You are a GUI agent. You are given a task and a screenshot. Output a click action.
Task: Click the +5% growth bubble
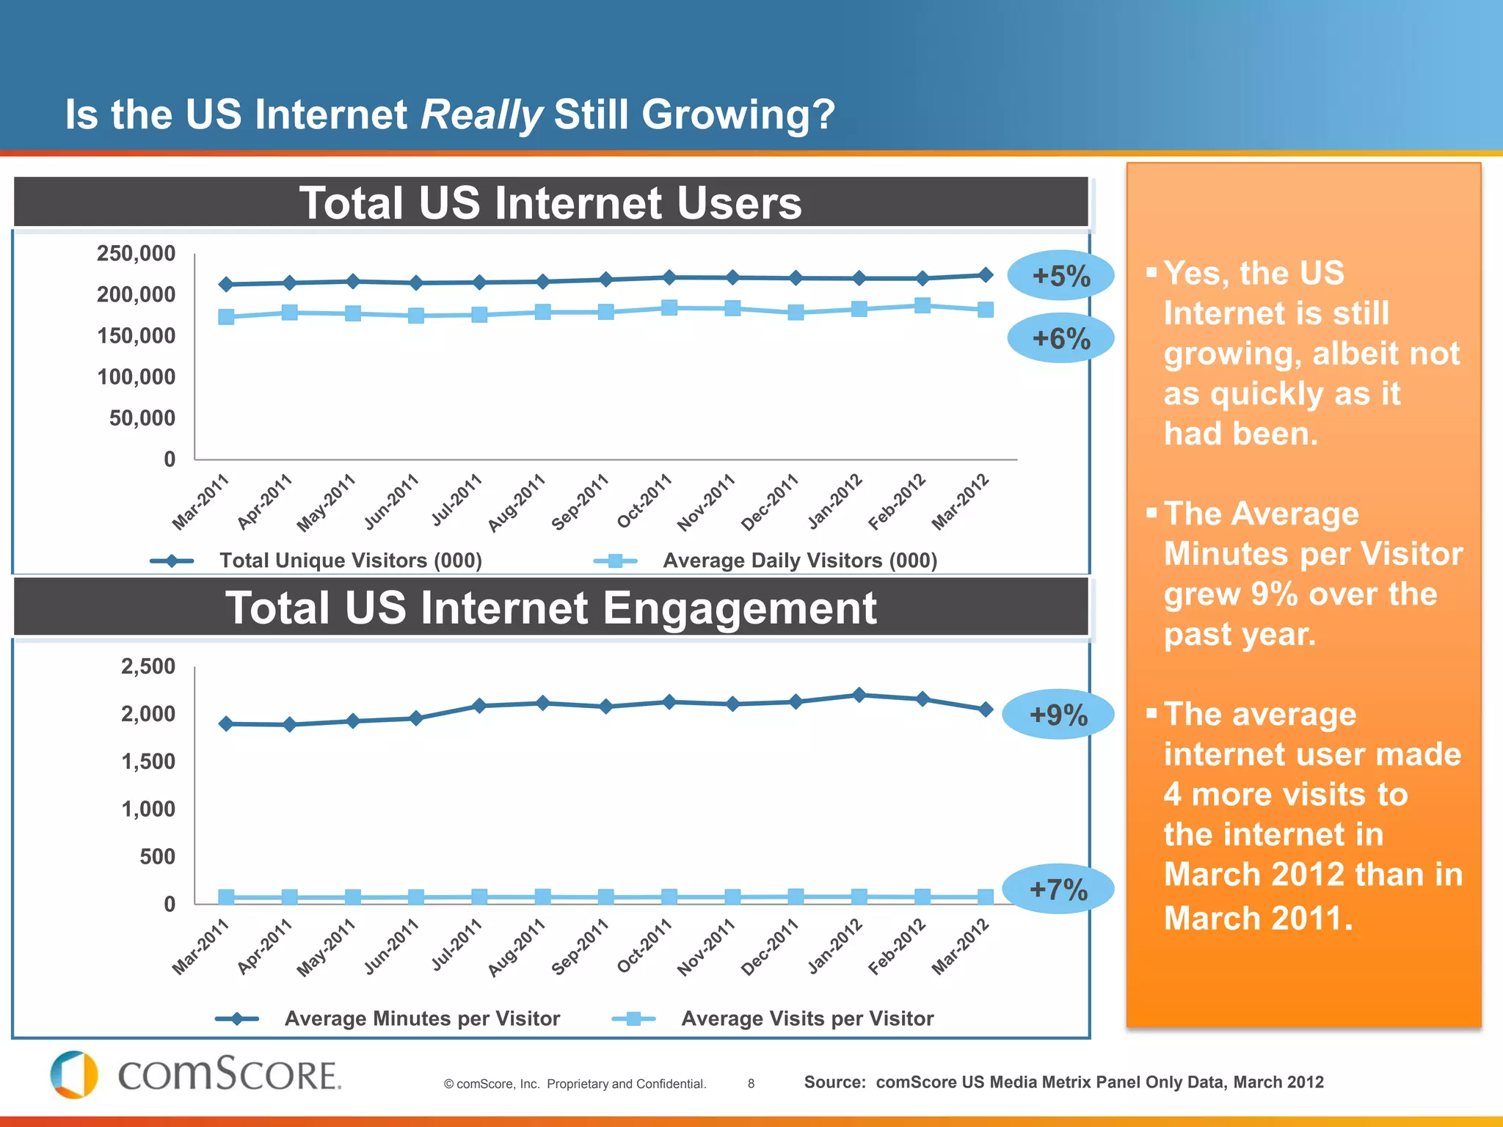click(1060, 276)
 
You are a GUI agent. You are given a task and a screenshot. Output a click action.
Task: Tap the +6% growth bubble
click(1060, 338)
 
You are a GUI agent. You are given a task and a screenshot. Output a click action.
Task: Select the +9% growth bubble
click(1058, 714)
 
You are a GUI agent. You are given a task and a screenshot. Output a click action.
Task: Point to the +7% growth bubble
click(1058, 889)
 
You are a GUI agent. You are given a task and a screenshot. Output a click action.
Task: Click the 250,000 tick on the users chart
click(137, 254)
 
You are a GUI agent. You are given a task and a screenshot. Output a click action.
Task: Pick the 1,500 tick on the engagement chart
click(148, 762)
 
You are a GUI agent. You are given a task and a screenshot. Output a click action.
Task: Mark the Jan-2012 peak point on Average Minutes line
click(859, 695)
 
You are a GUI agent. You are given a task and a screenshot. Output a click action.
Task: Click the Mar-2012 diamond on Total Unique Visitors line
click(986, 275)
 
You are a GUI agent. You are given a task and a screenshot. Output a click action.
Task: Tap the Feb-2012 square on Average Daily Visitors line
click(922, 305)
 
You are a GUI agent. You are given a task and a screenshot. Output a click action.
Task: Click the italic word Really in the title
click(481, 115)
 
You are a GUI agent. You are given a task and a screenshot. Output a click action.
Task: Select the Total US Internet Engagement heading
click(550, 608)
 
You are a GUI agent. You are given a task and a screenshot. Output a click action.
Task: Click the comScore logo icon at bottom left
click(73, 1075)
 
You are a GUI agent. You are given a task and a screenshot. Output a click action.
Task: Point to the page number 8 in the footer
click(751, 1084)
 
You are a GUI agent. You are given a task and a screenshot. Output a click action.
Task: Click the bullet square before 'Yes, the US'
click(1151, 273)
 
